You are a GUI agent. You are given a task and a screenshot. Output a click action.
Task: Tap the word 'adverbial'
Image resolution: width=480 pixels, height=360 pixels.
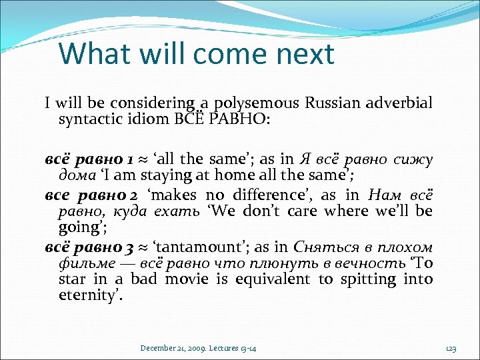pos(399,103)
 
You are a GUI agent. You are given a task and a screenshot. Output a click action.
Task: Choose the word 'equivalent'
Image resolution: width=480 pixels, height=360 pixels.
pos(268,279)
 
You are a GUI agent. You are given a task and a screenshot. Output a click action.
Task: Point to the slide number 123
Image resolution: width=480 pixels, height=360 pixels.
pos(451,348)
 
